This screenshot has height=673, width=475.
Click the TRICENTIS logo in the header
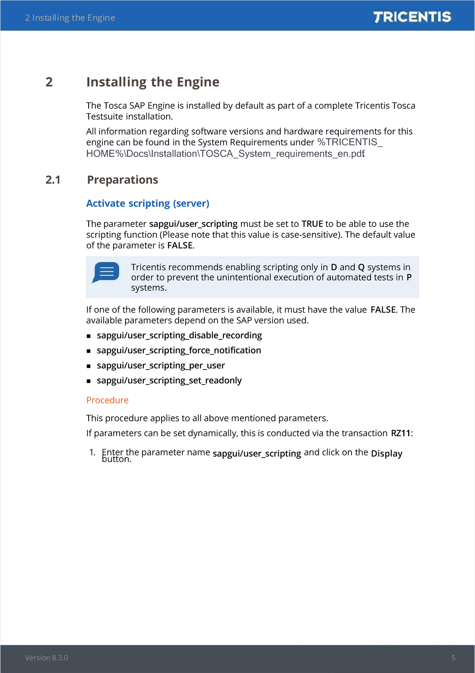click(412, 17)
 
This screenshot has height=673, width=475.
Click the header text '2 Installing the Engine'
click(70, 18)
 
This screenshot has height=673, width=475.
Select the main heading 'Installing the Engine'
click(153, 82)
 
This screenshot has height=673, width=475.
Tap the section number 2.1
click(53, 180)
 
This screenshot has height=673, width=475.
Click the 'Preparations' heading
click(123, 180)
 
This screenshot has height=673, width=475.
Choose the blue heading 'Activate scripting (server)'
click(148, 203)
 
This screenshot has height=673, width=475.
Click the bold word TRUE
click(312, 224)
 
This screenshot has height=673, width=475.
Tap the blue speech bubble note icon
click(106, 272)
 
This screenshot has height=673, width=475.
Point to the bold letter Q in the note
click(361, 267)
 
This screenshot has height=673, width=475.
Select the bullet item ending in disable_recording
click(179, 336)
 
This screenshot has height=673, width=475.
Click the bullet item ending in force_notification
click(179, 351)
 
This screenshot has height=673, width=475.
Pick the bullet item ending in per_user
click(161, 366)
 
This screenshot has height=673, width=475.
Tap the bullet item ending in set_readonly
click(169, 381)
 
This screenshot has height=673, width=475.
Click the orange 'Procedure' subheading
click(107, 400)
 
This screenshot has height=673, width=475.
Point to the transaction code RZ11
click(401, 433)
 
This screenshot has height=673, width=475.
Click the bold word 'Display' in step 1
click(386, 453)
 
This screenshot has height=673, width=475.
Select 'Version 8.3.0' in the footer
click(46, 658)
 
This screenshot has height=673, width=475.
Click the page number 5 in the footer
click(453, 658)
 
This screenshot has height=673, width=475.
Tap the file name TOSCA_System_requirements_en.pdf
click(282, 154)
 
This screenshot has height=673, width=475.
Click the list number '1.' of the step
click(92, 452)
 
